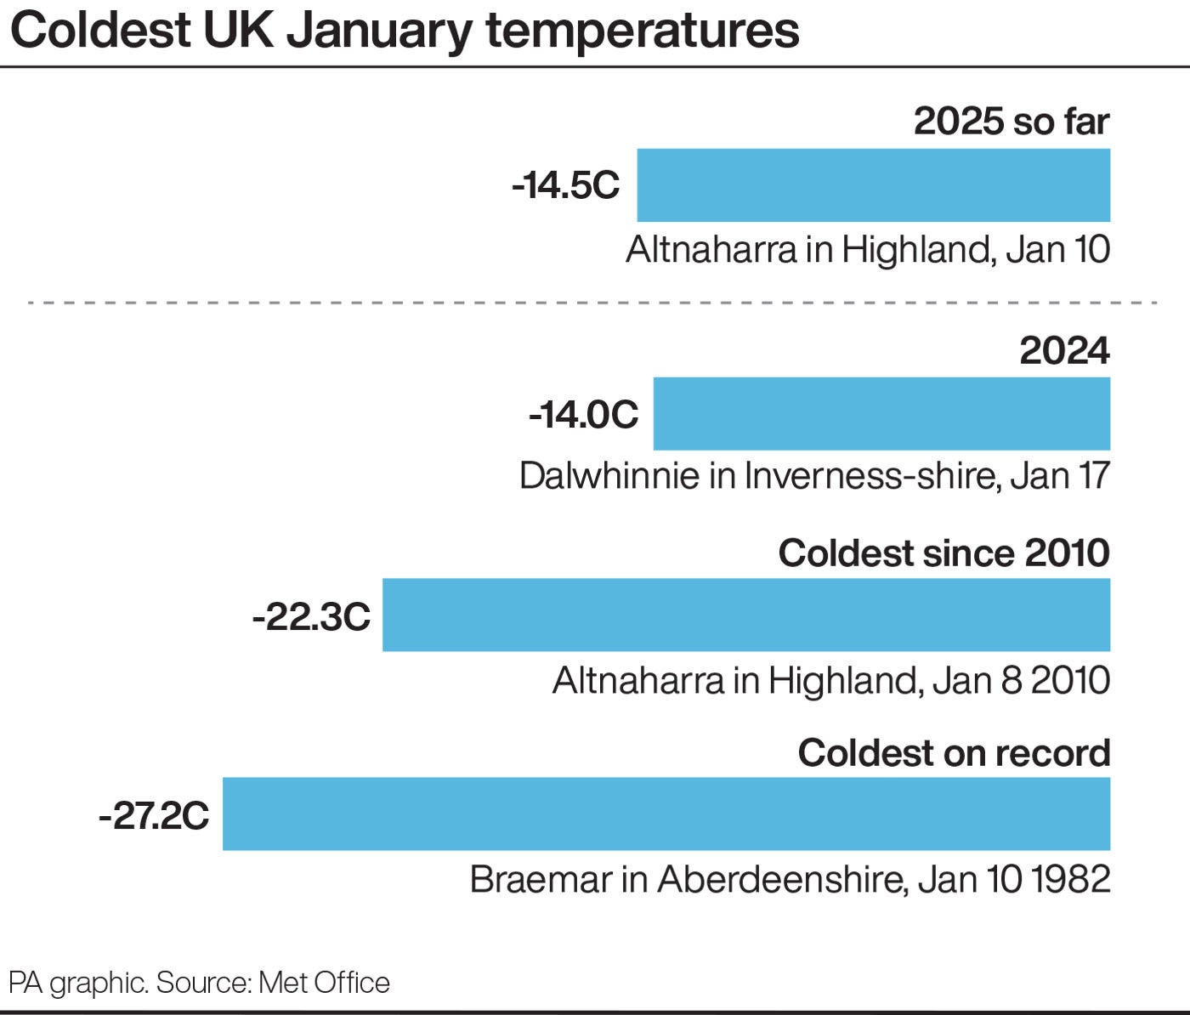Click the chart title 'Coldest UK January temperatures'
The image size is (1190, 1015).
(x=405, y=31)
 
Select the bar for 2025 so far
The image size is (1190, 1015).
(x=873, y=185)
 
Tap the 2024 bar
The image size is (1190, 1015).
(x=881, y=414)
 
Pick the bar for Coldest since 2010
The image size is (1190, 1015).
(x=745, y=615)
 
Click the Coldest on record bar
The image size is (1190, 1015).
(x=666, y=814)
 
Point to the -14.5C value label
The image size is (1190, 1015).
(x=566, y=185)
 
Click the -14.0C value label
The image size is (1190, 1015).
(x=583, y=414)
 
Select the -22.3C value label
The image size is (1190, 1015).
(x=311, y=616)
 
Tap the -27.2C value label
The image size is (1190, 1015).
(x=154, y=816)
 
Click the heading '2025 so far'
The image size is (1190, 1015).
(x=1011, y=122)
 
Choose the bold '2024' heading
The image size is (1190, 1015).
(x=1064, y=350)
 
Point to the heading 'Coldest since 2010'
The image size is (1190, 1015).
(x=943, y=553)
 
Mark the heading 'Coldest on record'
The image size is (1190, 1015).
(x=954, y=753)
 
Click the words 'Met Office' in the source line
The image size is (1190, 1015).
(x=324, y=983)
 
